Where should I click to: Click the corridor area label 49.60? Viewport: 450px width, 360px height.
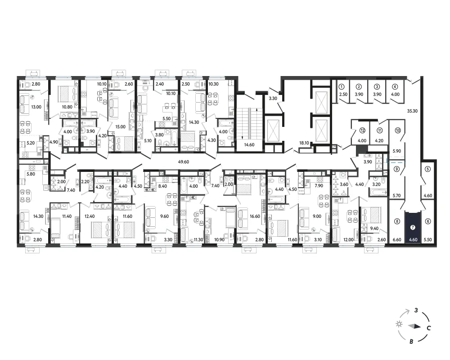pyautogui.click(x=184, y=162)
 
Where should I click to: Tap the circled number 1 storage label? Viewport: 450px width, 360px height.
pyautogui.click(x=342, y=87)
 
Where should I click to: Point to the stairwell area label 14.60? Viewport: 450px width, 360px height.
pyautogui.click(x=249, y=145)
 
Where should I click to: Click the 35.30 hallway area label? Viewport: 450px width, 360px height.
pyautogui.click(x=412, y=111)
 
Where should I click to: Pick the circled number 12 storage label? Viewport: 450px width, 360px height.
pyautogui.click(x=362, y=130)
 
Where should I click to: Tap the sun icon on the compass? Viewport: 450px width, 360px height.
pyautogui.click(x=399, y=324)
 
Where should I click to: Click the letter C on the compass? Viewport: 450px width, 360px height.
pyautogui.click(x=428, y=328)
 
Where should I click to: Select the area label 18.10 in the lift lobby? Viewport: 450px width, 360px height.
pyautogui.click(x=304, y=143)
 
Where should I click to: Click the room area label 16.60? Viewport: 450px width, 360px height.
pyautogui.click(x=255, y=216)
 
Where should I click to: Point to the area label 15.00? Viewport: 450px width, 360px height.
pyautogui.click(x=120, y=126)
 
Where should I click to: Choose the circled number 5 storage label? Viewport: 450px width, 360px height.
pyautogui.click(x=428, y=169)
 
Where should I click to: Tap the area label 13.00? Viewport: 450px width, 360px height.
pyautogui.click(x=36, y=107)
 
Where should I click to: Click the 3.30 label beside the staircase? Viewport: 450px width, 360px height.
pyautogui.click(x=273, y=99)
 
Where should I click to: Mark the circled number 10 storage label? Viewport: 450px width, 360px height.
pyautogui.click(x=397, y=130)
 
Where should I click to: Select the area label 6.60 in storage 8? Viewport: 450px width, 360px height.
pyautogui.click(x=397, y=240)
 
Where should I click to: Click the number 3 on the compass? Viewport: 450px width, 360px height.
pyautogui.click(x=416, y=310)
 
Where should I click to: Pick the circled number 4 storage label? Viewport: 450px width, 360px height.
pyautogui.click(x=395, y=87)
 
